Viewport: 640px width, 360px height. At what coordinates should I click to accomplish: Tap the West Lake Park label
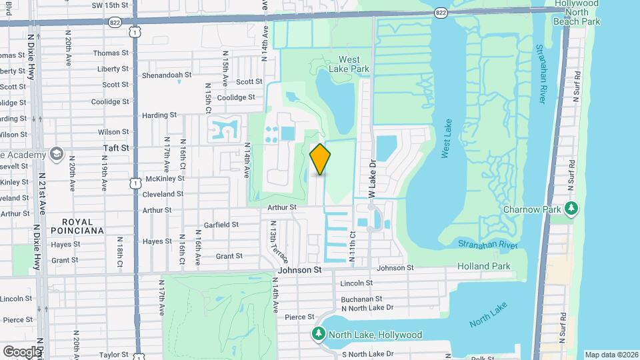tap(344, 63)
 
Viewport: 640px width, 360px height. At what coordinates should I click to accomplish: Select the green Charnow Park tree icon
tap(571, 209)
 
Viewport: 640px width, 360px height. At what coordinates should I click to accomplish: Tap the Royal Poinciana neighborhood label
tap(83, 225)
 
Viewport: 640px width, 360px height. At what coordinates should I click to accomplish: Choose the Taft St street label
tap(115, 147)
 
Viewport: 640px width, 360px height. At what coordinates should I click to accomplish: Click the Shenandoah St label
tap(167, 75)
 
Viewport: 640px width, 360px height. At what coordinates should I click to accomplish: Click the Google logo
tap(21, 351)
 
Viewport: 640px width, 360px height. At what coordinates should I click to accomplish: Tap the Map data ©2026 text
tap(611, 355)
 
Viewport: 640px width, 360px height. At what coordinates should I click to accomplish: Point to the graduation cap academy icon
tap(55, 155)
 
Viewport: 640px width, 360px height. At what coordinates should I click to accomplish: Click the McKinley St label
tap(165, 179)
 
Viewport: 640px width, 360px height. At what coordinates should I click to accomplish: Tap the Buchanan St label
tap(361, 299)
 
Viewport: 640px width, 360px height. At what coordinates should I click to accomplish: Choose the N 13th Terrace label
tap(277, 244)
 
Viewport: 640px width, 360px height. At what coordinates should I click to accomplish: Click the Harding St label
tap(159, 115)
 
